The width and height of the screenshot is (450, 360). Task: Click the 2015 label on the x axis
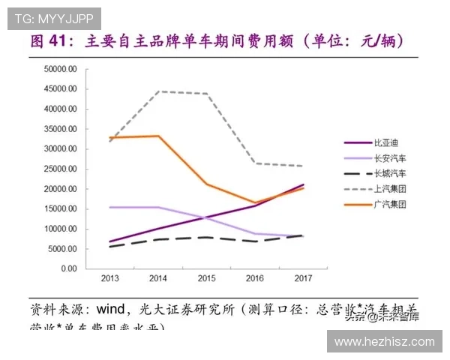pos(208,278)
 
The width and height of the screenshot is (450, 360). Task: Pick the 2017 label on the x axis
pos(303,278)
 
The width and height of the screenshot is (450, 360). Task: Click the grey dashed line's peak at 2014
pos(159,91)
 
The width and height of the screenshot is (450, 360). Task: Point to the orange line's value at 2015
pos(208,184)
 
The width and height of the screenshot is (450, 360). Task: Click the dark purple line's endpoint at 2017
pos(303,184)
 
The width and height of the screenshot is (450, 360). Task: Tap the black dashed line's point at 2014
pos(159,239)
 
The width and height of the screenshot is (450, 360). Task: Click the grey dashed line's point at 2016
pos(256,163)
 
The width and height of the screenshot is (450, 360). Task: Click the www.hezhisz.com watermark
pos(384,341)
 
